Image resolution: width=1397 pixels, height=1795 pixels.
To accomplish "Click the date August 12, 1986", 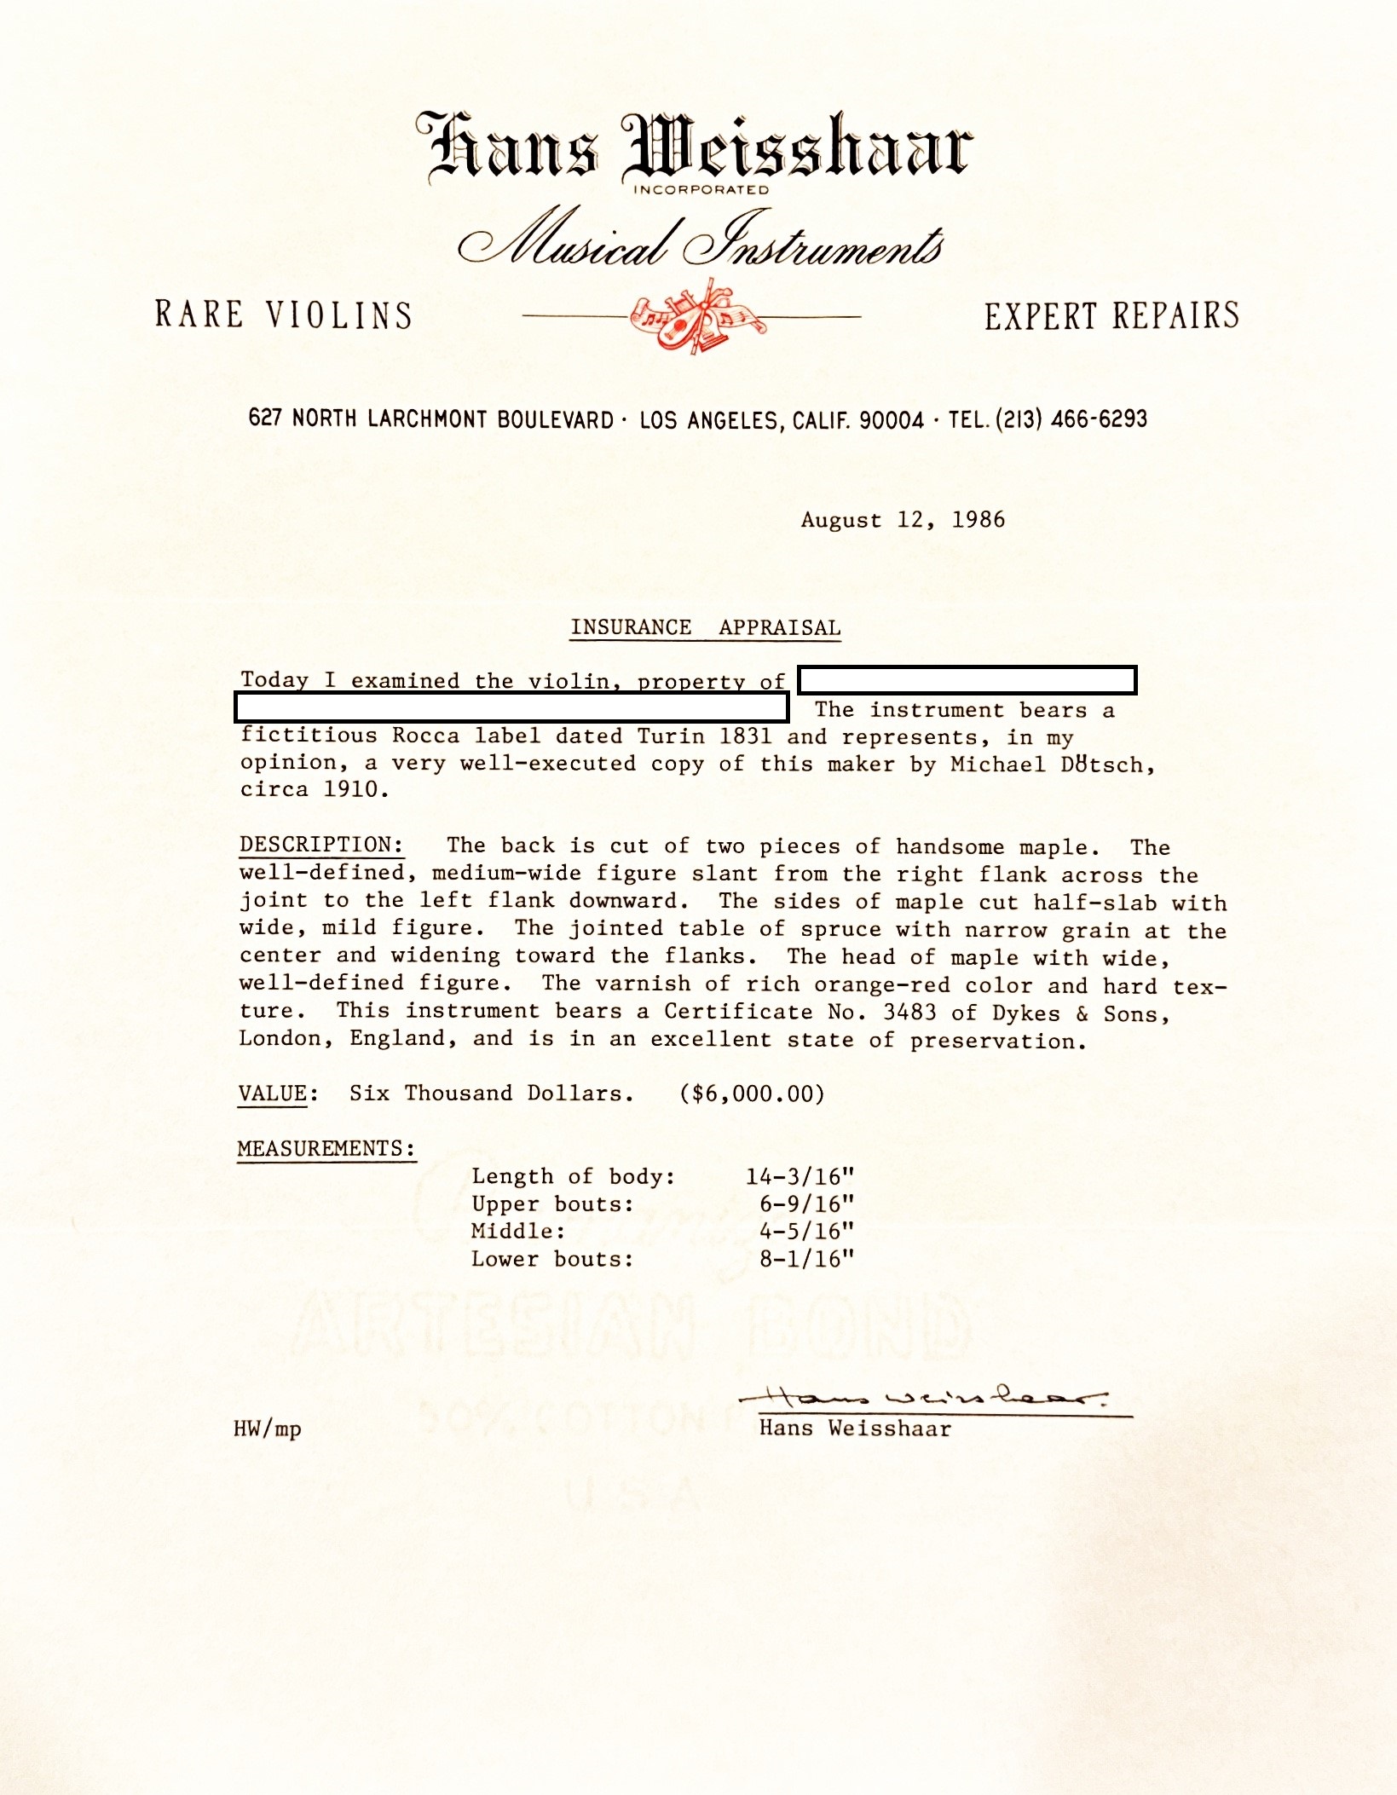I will click(x=903, y=520).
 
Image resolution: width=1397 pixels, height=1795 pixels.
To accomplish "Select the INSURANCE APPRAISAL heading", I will click(x=706, y=627).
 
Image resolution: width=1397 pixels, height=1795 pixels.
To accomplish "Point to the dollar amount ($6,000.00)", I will click(x=752, y=1094).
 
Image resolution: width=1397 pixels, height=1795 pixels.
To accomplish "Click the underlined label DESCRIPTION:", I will click(x=321, y=845).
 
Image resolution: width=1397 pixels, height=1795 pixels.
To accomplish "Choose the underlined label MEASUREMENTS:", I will click(x=326, y=1148).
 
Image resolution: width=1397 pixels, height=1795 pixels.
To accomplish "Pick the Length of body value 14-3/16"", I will click(x=800, y=1176).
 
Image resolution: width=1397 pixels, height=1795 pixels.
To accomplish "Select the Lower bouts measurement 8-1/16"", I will click(x=806, y=1259).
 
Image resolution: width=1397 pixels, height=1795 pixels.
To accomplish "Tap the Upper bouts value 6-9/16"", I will click(x=806, y=1203).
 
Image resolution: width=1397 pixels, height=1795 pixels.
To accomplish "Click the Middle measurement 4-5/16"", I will click(x=806, y=1231).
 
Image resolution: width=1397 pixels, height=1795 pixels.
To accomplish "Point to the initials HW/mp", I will click(x=268, y=1428).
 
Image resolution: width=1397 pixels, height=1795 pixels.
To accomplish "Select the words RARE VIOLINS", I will click(x=284, y=315).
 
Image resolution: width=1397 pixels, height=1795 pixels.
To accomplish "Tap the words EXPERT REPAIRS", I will click(x=1111, y=315).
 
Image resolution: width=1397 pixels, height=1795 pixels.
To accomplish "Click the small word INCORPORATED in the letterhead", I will click(x=701, y=190).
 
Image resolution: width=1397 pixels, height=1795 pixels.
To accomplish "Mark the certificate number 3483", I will click(x=909, y=1013).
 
